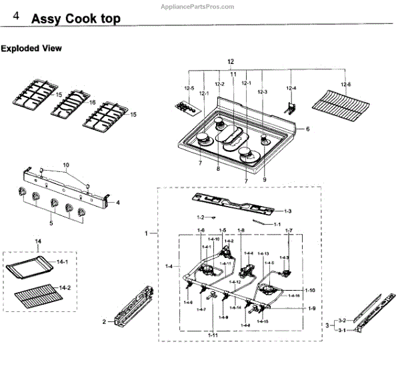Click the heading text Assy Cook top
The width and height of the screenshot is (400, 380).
pyautogui.click(x=76, y=19)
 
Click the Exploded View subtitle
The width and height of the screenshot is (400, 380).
pyautogui.click(x=31, y=49)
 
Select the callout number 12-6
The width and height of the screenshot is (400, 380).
pyautogui.click(x=345, y=84)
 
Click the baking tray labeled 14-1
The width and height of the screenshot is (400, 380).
pyautogui.click(x=33, y=271)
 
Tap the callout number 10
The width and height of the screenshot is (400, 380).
pyautogui.click(x=66, y=164)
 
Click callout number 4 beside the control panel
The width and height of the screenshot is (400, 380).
pyautogui.click(x=117, y=201)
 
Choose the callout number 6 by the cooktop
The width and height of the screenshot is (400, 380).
pyautogui.click(x=308, y=129)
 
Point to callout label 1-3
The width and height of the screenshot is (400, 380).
pyautogui.click(x=287, y=211)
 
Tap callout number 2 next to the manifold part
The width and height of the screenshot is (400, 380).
pyautogui.click(x=104, y=322)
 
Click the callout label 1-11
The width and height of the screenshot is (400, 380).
pyautogui.click(x=212, y=334)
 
